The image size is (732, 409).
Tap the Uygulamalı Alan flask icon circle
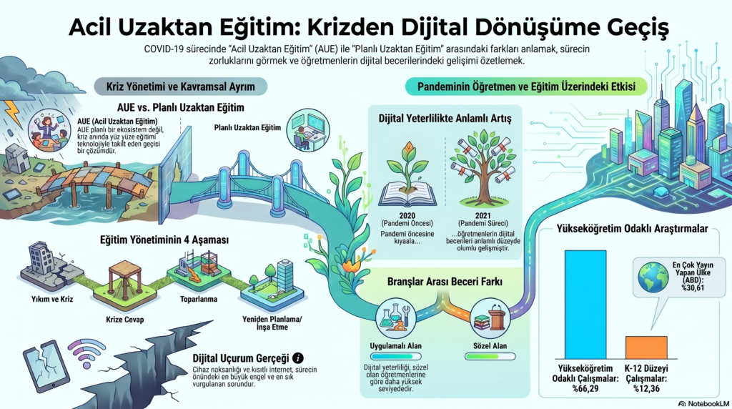click(395, 317)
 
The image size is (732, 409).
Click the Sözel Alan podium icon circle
click(490, 317)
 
